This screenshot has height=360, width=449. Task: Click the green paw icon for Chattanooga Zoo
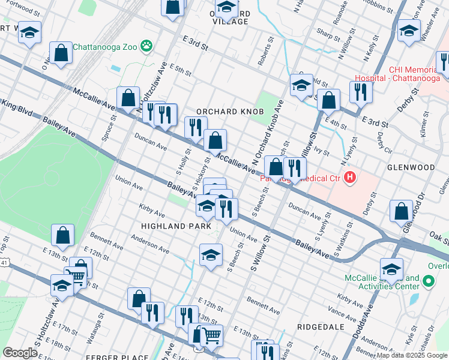146,46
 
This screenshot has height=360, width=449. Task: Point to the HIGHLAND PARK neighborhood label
176,226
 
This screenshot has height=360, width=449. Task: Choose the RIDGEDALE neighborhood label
321,327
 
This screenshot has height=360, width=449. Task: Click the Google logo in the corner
19,353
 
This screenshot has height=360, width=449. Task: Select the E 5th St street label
180,70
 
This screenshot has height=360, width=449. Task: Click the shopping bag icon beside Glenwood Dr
401,211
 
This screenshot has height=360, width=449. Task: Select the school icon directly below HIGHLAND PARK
211,254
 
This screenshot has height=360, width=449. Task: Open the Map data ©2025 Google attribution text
412,355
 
